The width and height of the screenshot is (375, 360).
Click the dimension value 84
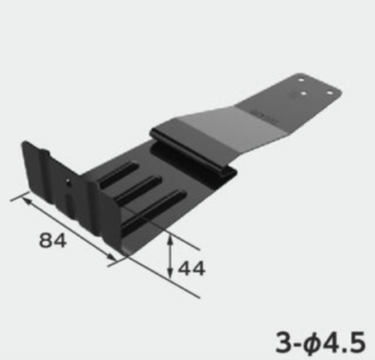coord(53,240)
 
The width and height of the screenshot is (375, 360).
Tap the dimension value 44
coord(192,268)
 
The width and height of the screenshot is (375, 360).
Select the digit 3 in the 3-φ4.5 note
coord(283,342)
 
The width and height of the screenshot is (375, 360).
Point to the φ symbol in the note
coord(311,343)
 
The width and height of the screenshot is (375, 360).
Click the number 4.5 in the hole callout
coord(343,342)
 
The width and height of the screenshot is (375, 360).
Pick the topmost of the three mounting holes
coord(301,80)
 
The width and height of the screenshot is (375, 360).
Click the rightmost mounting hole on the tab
coord(330,92)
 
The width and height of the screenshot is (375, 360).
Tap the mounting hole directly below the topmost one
coord(303,93)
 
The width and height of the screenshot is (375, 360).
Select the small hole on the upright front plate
coord(68,181)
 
